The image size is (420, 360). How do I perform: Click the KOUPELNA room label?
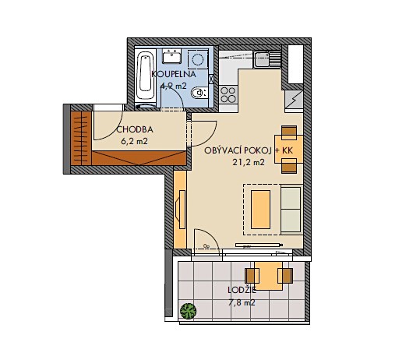[174, 74]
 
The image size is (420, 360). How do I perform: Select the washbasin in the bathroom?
[172, 56]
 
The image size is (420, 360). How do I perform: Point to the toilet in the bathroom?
[199, 94]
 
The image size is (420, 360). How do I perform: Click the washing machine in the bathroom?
[198, 59]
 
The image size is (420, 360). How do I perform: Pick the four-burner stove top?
[228, 94]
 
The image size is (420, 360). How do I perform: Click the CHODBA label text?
[135, 129]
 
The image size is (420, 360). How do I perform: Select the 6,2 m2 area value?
[135, 141]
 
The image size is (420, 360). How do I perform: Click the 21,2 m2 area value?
[249, 162]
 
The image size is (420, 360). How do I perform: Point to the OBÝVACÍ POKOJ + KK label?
[249, 150]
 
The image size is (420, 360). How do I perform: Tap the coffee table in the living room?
[260, 209]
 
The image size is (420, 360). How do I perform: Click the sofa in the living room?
[291, 209]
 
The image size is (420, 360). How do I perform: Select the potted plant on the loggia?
[189, 311]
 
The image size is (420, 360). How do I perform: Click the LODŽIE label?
[242, 290]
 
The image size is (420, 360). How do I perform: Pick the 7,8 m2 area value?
[242, 302]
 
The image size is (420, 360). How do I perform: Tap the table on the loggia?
[268, 276]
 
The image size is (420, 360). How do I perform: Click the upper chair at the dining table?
[289, 132]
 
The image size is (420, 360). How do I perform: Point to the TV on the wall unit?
[181, 209]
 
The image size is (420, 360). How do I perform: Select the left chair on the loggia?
[252, 276]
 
